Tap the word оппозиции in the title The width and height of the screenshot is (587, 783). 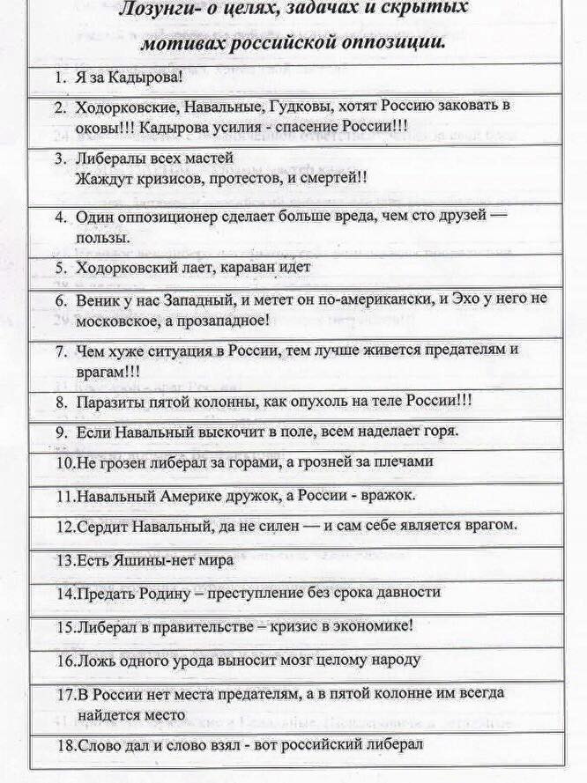pos(398,41)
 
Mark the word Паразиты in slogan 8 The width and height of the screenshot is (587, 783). pos(109,402)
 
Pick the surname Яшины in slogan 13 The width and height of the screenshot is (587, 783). pos(132,558)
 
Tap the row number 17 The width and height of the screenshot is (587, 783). pos(63,693)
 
